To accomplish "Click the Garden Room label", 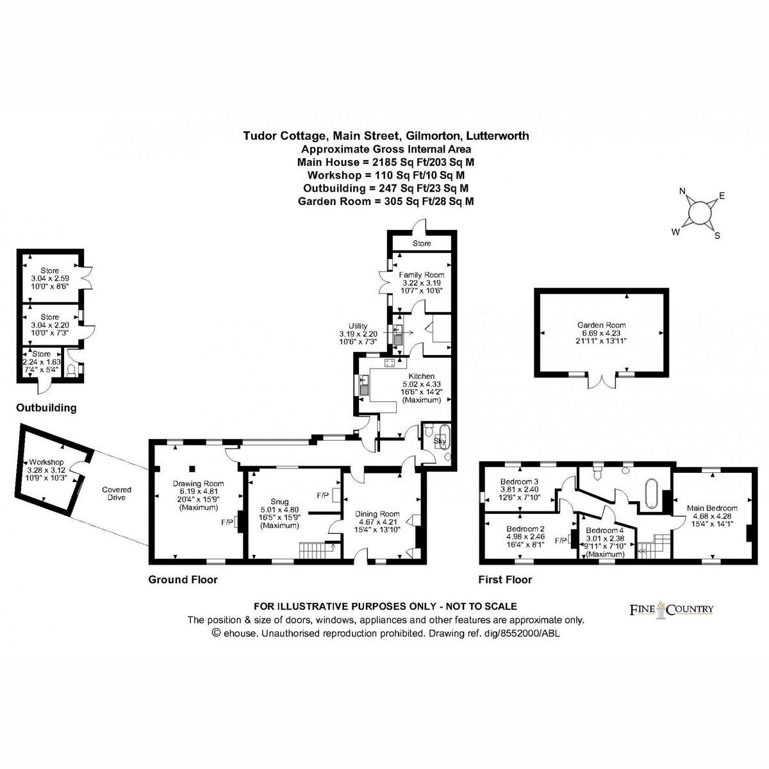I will (600, 325).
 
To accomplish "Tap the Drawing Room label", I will (197, 483).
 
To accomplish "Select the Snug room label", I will (280, 502).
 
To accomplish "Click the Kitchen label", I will (421, 376).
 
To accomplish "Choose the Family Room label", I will (421, 275).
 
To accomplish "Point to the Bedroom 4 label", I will (604, 531).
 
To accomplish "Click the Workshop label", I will (45, 462).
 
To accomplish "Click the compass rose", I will (698, 211).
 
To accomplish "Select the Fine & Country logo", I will (669, 609).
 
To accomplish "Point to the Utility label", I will (358, 326).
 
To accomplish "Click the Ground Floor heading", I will (183, 579).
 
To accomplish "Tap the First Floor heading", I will (505, 579).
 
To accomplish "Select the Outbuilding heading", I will (46, 408).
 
